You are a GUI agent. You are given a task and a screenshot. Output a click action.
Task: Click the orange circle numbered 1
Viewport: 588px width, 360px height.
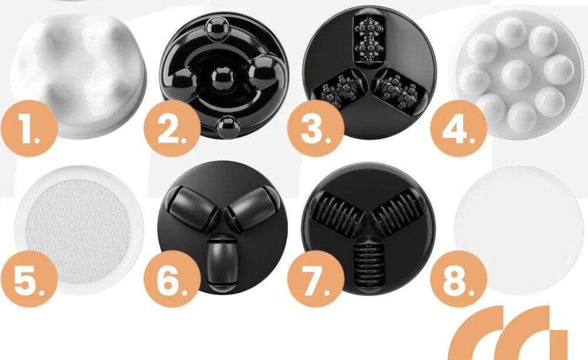29,128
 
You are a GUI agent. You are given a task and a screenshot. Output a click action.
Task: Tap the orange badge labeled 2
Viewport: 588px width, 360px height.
172,128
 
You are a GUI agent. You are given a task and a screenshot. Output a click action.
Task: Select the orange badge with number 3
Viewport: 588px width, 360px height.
316,128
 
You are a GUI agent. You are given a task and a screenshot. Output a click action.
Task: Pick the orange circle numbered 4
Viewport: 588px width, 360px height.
459,128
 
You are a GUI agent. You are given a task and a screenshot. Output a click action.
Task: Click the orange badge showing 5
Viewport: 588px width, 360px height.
29,279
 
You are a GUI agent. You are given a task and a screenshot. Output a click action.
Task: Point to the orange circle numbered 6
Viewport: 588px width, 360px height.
172,279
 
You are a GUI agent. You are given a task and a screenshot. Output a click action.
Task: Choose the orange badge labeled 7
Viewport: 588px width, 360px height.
316,279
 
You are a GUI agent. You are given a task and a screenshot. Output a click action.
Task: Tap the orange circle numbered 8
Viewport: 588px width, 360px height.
459,279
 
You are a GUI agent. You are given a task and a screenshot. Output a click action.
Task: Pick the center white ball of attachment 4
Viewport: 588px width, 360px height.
516,74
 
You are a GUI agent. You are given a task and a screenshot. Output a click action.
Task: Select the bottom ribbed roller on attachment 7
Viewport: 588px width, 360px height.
369,265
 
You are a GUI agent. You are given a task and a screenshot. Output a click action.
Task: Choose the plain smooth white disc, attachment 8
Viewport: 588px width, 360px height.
519,229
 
